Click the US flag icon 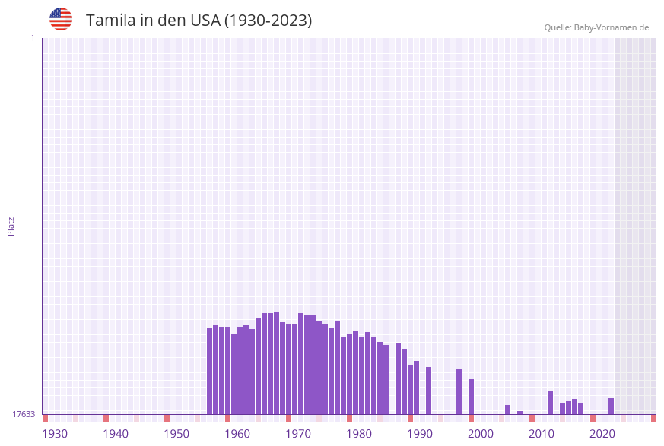click(61, 19)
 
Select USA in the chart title click(204, 21)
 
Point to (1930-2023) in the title click(268, 21)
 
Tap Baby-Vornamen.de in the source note click(612, 27)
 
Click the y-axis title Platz click(11, 226)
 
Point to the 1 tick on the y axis click(32, 38)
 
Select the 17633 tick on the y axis click(24, 414)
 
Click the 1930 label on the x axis click(55, 434)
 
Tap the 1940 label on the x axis click(116, 434)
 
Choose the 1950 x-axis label click(176, 434)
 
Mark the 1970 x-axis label click(298, 434)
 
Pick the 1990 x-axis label click(420, 434)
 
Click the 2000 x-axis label click(481, 434)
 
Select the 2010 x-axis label click(542, 434)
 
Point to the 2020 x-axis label click(602, 434)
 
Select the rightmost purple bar click(611, 406)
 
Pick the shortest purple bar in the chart click(519, 413)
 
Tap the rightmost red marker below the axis click(653, 418)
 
